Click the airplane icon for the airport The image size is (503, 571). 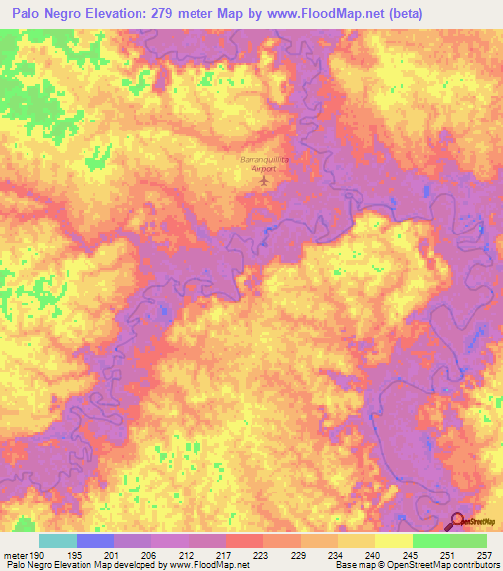(261, 180)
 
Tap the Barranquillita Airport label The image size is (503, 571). (260, 163)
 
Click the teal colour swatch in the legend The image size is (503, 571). (58, 541)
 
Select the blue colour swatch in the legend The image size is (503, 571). (95, 541)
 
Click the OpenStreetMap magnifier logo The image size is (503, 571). (459, 522)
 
